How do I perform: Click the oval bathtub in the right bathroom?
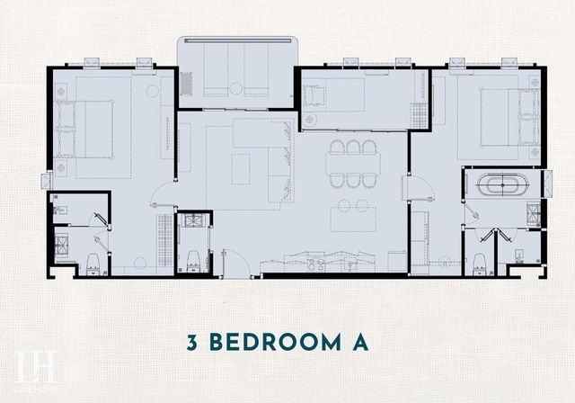click(x=502, y=184)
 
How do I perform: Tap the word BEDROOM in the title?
click(x=276, y=343)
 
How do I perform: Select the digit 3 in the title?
click(x=192, y=343)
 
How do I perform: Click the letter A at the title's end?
click(x=360, y=343)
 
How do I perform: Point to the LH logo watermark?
click(x=36, y=367)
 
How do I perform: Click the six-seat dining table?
click(x=353, y=164)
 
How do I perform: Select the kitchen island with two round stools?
click(x=353, y=216)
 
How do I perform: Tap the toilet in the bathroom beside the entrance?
click(x=193, y=262)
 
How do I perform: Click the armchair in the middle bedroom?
click(x=314, y=94)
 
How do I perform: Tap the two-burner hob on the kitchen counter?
click(x=316, y=264)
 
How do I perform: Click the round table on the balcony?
click(x=236, y=88)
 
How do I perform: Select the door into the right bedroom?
click(x=418, y=188)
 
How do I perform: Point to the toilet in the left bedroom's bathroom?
click(x=93, y=264)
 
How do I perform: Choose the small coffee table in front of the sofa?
click(x=241, y=169)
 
